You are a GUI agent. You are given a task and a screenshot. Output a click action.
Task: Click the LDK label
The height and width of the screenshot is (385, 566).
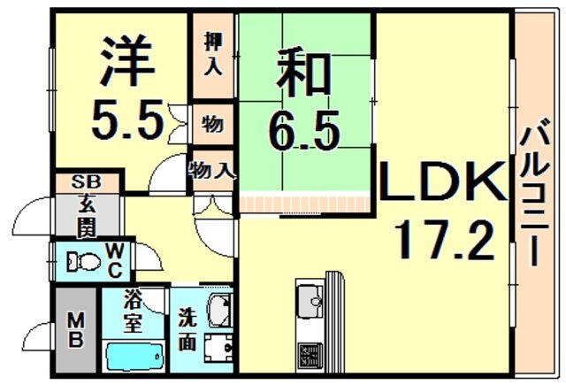click(x=442, y=183)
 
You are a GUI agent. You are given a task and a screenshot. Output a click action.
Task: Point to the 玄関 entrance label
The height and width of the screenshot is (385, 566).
click(x=85, y=218)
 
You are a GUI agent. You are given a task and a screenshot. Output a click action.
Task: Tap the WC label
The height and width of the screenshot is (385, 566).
click(x=116, y=261)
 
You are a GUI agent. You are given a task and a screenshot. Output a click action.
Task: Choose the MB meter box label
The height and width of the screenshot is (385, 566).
click(x=76, y=328)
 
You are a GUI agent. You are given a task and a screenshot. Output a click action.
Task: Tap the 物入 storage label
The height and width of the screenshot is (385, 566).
click(x=211, y=168)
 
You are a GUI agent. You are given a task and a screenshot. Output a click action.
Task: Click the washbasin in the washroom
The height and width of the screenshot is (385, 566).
click(x=218, y=310)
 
